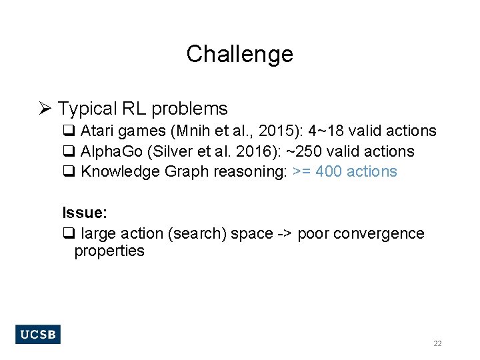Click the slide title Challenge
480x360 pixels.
(239, 54)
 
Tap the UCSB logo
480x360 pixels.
(37, 334)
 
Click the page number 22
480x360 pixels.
(437, 343)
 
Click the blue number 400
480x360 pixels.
(329, 171)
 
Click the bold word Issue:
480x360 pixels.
(85, 213)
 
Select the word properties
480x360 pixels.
(109, 251)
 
